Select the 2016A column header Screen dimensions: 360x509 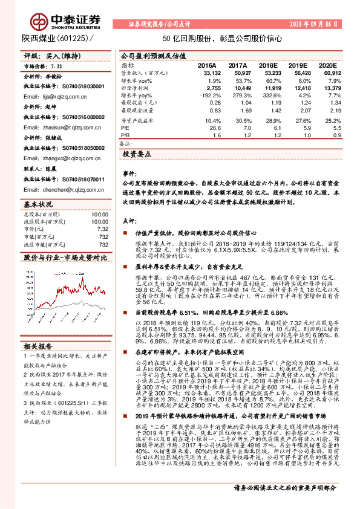pos(207,65)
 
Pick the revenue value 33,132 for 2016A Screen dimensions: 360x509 pos(206,72)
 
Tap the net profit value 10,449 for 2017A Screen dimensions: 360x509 pos(237,88)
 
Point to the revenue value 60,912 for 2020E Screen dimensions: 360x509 pos(325,72)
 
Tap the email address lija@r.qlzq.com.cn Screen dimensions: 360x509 pos(56,96)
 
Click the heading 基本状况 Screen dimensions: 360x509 pos(38,203)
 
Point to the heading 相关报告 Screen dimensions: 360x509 pos(38,346)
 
